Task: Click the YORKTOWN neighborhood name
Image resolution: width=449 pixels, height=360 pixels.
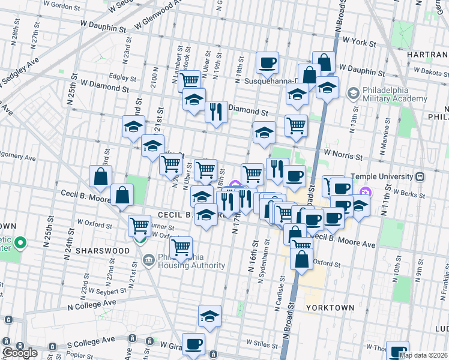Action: click(330, 307)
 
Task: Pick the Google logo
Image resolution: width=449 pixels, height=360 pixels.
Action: click(20, 353)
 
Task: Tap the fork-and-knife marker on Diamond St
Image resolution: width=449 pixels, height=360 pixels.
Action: click(216, 112)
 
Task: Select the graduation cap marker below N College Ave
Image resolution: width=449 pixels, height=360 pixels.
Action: click(209, 316)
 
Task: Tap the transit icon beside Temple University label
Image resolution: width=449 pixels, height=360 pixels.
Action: click(420, 177)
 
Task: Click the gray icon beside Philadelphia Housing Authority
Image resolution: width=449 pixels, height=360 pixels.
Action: click(148, 259)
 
